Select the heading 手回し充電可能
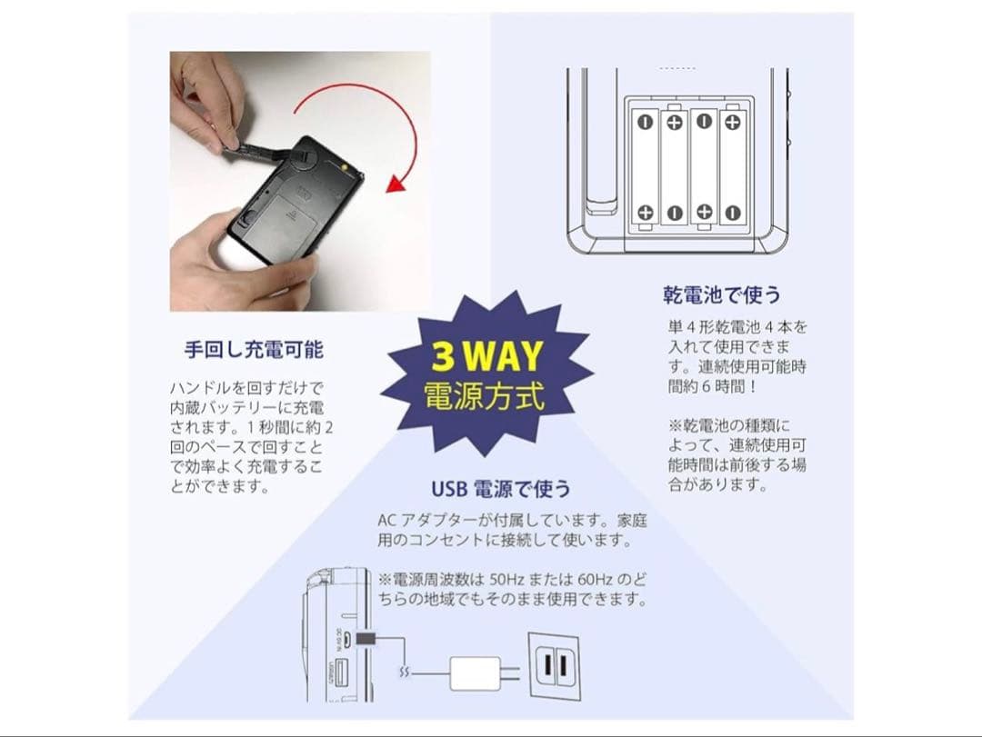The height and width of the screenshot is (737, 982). [x=254, y=349]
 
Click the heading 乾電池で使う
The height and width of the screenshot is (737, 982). [x=721, y=295]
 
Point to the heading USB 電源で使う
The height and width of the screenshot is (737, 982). [x=501, y=489]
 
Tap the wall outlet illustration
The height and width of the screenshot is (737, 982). [x=555, y=667]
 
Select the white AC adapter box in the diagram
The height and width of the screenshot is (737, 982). [x=476, y=672]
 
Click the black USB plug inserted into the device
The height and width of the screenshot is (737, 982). [x=368, y=641]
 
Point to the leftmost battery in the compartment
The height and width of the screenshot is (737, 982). [x=645, y=166]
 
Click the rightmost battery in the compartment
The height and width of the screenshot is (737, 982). [x=732, y=166]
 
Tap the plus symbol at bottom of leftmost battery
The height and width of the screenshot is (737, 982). [x=645, y=213]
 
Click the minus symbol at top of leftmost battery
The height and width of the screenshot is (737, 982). [x=645, y=121]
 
